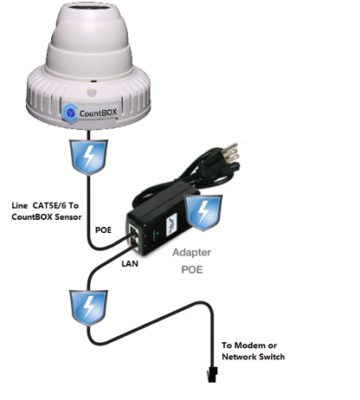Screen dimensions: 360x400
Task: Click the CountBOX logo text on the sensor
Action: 98,113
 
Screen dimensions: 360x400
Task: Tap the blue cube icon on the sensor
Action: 70,113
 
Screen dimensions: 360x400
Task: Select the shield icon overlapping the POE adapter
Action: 203,213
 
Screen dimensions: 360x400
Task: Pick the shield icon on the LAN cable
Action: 88,308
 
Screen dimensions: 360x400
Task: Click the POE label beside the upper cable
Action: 103,230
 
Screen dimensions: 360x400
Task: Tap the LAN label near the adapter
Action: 130,263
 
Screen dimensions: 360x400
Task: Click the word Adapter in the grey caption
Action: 192,253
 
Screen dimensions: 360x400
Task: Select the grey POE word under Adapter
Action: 192,269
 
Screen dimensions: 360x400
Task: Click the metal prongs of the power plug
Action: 232,154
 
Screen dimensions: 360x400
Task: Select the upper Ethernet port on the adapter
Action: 134,231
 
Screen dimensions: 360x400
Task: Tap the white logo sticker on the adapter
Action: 172,224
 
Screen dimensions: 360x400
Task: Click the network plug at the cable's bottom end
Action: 212,375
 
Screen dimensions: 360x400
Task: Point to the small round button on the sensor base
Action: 92,93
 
